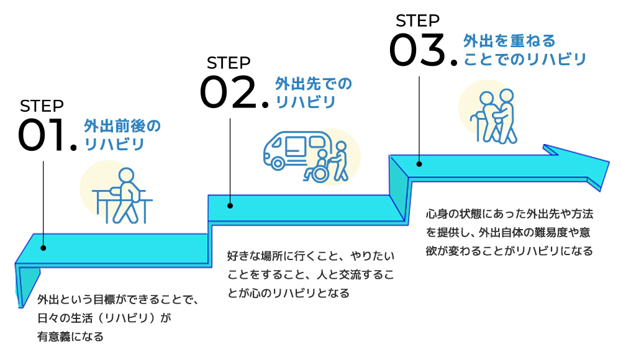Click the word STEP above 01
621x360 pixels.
click(42, 106)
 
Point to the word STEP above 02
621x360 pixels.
click(229, 63)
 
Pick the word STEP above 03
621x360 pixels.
click(417, 20)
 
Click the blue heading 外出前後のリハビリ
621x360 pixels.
click(122, 135)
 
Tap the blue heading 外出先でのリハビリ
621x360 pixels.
click(313, 92)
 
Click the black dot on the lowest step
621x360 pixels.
click(43, 248)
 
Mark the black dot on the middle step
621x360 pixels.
click(230, 205)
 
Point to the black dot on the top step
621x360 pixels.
click(419, 164)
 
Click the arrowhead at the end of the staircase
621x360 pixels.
click(578, 165)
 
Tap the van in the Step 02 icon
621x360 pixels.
click(290, 150)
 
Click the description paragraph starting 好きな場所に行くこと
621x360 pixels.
click(310, 274)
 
